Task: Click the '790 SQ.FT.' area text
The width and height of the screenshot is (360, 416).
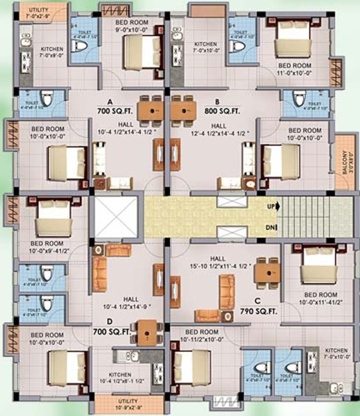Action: point(259,311)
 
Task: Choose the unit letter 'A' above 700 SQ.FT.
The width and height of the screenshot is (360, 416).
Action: point(110,101)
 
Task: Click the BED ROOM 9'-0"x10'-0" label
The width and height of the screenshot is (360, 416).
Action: point(132,26)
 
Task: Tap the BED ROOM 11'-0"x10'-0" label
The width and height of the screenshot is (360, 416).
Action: point(295,69)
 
